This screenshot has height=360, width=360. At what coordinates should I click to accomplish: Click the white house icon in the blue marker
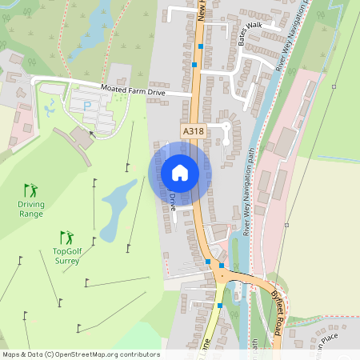pyautogui.click(x=180, y=173)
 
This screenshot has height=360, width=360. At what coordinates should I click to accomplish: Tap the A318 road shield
pyautogui.click(x=193, y=131)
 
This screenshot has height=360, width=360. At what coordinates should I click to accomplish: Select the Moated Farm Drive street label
pyautogui.click(x=133, y=92)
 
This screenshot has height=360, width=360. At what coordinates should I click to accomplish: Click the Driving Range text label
pyautogui.click(x=31, y=209)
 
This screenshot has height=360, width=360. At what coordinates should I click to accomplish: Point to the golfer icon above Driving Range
pyautogui.click(x=30, y=190)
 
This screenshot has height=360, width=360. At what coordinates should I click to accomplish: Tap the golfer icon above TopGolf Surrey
pyautogui.click(x=67, y=238)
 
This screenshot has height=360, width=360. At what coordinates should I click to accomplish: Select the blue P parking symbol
pyautogui.click(x=87, y=105)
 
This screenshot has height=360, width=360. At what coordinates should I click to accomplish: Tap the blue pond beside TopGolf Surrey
pyautogui.click(x=118, y=201)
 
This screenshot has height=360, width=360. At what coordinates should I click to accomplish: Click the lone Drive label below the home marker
pyautogui.click(x=172, y=201)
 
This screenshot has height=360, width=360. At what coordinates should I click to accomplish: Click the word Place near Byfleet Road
pyautogui.click(x=336, y=341)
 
